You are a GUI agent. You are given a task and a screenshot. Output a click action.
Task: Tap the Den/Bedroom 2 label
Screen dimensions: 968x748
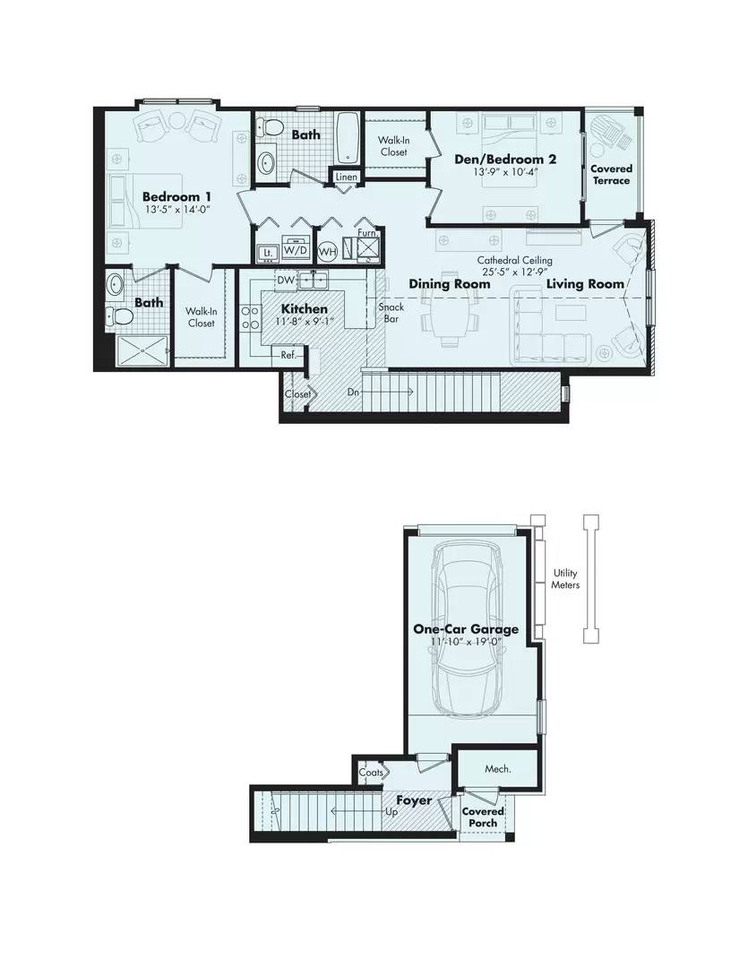[x=505, y=160]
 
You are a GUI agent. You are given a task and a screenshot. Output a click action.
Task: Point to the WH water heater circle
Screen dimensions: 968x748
[x=327, y=252]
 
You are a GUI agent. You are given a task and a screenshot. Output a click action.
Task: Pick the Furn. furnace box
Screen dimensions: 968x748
[x=367, y=245]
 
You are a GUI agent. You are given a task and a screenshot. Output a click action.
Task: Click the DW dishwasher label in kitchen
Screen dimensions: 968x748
[x=286, y=281]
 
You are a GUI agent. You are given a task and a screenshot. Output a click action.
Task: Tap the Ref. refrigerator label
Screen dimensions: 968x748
[x=288, y=355]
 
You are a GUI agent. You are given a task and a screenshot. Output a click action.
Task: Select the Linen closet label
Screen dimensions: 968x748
[x=347, y=177]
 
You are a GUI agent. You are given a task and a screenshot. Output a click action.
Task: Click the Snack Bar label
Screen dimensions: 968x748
[x=391, y=313]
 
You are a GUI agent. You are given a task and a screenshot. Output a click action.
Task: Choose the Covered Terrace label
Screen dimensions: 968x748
[x=611, y=174]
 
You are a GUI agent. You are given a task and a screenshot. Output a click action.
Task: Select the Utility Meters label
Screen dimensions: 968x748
[x=565, y=578]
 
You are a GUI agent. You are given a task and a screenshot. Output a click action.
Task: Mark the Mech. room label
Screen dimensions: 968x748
[x=497, y=769]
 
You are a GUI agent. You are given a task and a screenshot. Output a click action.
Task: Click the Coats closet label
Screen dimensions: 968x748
[x=371, y=772]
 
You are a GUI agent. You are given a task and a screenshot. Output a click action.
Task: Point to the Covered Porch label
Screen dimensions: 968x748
[x=482, y=817]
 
